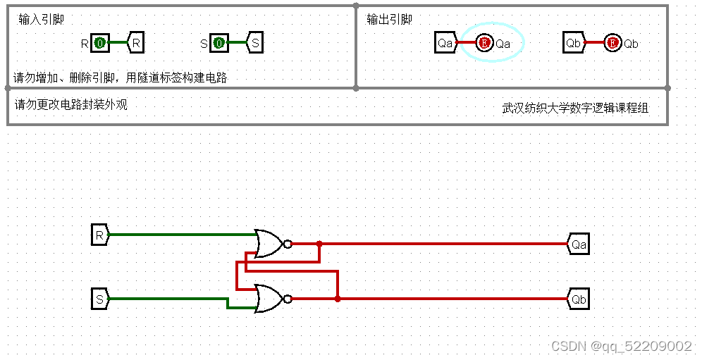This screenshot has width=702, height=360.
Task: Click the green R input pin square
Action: click(x=100, y=44)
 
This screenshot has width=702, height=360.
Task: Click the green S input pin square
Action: click(x=219, y=44)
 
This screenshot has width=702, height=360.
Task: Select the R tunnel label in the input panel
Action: click(x=136, y=44)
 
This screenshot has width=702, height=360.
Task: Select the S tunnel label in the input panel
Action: click(x=254, y=44)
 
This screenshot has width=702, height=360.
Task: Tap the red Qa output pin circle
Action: click(x=484, y=44)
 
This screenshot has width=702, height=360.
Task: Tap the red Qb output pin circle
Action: click(x=612, y=44)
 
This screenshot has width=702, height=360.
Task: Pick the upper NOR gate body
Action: click(x=269, y=244)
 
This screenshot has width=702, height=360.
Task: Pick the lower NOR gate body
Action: click(x=269, y=299)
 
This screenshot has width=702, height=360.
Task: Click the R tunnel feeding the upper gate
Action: click(x=100, y=234)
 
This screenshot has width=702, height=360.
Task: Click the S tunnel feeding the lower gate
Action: click(x=100, y=299)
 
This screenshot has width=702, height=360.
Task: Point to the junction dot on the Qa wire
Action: click(x=319, y=244)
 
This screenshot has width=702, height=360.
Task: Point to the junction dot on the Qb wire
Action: click(x=338, y=299)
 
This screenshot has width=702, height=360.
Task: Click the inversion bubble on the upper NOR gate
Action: click(x=287, y=244)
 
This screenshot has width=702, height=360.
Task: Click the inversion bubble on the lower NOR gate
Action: click(x=287, y=299)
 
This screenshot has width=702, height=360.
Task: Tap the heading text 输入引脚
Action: click(x=42, y=20)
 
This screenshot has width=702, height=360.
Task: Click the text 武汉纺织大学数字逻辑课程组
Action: click(x=575, y=108)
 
